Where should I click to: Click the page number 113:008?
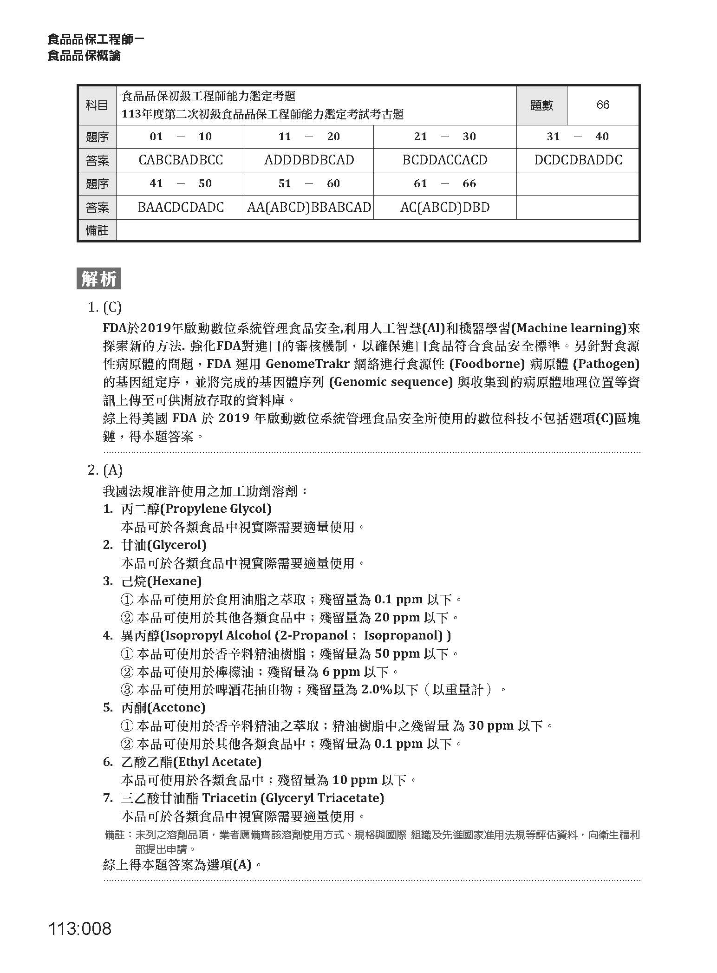[x=80, y=928]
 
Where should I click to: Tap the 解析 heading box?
[x=98, y=279]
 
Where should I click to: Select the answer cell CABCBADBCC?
[x=181, y=160]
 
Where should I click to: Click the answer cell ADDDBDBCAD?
[x=309, y=160]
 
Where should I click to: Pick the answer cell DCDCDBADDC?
[x=578, y=160]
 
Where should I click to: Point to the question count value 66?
[x=602, y=105]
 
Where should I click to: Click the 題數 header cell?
[x=541, y=105]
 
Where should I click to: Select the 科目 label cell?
[x=97, y=105]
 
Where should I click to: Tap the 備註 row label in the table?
[x=97, y=230]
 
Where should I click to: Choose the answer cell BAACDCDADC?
[x=181, y=207]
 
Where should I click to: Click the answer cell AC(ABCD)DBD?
[x=444, y=207]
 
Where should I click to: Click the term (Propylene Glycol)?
[x=215, y=509]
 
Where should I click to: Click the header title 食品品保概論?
[x=84, y=56]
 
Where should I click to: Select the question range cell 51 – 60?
[x=309, y=183]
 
